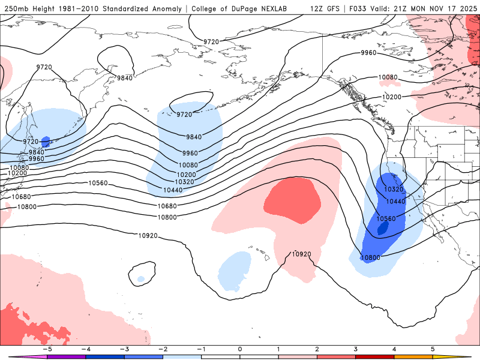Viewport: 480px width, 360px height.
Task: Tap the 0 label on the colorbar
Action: pos(239,349)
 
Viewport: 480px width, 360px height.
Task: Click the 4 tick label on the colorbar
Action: pos(395,349)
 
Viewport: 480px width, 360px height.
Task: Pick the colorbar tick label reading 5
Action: pos(433,349)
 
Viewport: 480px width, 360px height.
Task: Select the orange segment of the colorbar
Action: pos(415,356)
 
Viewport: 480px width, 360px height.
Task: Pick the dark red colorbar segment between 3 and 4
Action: pos(376,356)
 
